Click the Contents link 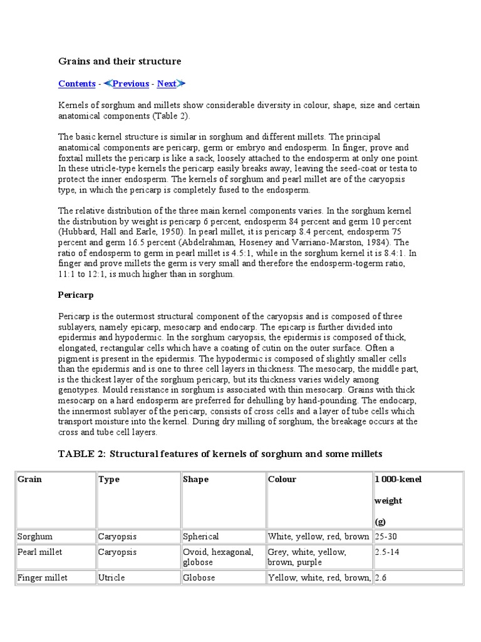pyautogui.click(x=76, y=84)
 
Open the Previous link pyautogui.click(x=130, y=84)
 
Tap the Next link pyautogui.click(x=167, y=84)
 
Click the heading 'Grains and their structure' pyautogui.click(x=120, y=61)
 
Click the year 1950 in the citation pyautogui.click(x=194, y=232)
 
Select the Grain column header pyautogui.click(x=29, y=480)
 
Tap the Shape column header pyautogui.click(x=195, y=480)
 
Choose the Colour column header pyautogui.click(x=282, y=480)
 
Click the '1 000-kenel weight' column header pyautogui.click(x=398, y=480)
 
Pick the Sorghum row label pyautogui.click(x=35, y=537)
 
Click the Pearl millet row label pyautogui.click(x=40, y=552)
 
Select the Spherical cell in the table pyautogui.click(x=201, y=537)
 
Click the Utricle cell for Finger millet pyautogui.click(x=111, y=577)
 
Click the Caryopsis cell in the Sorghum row pyautogui.click(x=117, y=537)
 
